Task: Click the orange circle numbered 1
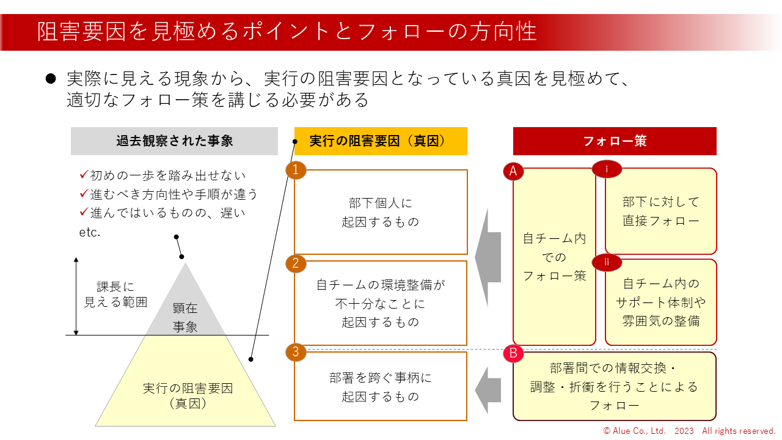point(296,170)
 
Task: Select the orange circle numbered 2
point(296,263)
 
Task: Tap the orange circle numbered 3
point(296,352)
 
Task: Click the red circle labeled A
point(513,172)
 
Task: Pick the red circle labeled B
point(513,353)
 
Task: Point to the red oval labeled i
point(607,169)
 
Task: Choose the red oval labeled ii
point(607,262)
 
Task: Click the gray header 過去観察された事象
point(174,141)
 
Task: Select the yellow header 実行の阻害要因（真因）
point(381,141)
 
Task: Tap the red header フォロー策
point(615,141)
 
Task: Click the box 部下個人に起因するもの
point(381,212)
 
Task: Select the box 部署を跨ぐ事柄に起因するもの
point(381,387)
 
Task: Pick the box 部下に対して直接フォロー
point(661,211)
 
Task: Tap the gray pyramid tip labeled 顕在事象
point(185,312)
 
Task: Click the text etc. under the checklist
point(89,232)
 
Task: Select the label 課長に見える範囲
point(115,294)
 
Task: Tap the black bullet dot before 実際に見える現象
point(51,79)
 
